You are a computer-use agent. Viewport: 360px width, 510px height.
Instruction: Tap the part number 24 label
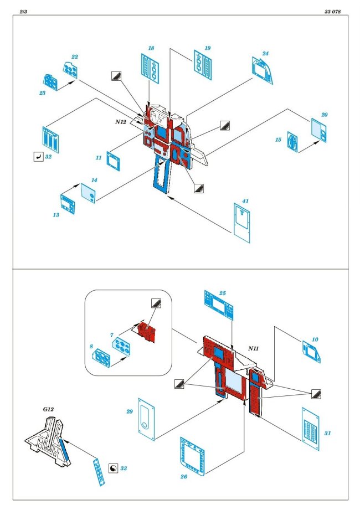pos(265,54)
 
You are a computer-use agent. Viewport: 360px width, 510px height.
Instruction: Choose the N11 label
pos(254,348)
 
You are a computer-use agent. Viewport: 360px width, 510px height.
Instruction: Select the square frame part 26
pos(195,456)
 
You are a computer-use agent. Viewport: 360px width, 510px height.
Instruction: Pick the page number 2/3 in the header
pos(24,12)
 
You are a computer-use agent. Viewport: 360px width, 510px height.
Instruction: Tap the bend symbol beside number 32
pos(38,157)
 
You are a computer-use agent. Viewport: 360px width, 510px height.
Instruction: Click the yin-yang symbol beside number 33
pos(114,468)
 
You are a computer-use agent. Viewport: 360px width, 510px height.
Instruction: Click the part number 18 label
pos(151,49)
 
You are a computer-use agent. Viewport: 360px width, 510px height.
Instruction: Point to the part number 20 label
pos(324,115)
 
